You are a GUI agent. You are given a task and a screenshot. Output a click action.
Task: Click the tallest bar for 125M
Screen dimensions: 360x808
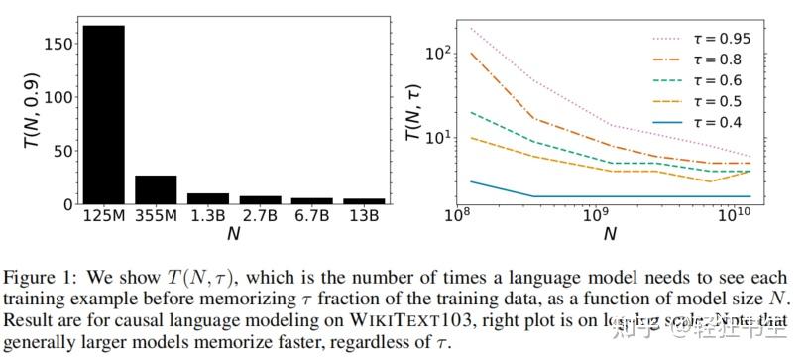click(x=103, y=114)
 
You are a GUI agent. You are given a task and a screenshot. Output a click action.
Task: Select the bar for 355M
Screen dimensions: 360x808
click(x=156, y=189)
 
